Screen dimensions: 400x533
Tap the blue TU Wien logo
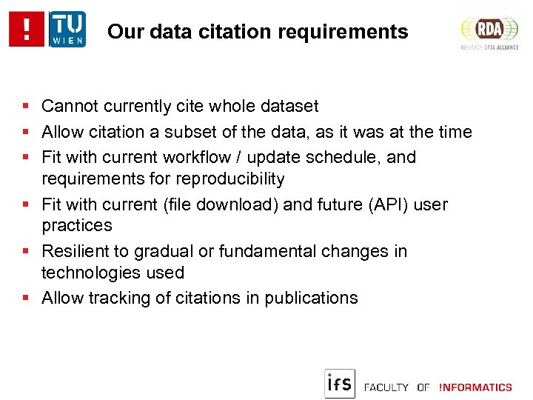pyautogui.click(x=67, y=30)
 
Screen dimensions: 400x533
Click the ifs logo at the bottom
pyautogui.click(x=340, y=383)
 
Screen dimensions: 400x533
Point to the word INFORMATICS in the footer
pyautogui.click(x=475, y=387)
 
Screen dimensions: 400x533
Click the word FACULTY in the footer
pyautogui.click(x=386, y=387)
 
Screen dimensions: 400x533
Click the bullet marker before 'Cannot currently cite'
pyautogui.click(x=25, y=107)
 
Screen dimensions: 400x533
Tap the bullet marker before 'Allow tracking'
pyautogui.click(x=25, y=299)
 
